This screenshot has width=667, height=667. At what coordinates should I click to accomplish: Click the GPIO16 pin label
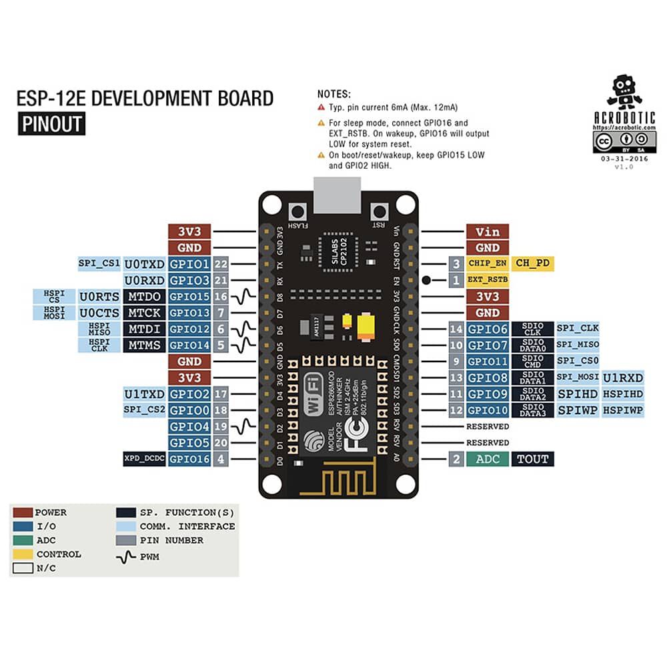(x=189, y=459)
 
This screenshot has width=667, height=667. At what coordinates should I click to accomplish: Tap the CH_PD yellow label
(x=533, y=263)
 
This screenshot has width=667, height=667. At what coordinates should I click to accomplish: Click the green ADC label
(x=488, y=459)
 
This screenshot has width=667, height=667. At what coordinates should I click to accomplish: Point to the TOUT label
(x=533, y=459)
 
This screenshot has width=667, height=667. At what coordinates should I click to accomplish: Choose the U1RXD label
(x=624, y=378)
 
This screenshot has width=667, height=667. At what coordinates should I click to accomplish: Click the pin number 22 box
(x=221, y=263)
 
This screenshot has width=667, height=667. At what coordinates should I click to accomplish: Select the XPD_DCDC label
(x=144, y=459)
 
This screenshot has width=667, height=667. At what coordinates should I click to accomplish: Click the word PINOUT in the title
(x=51, y=124)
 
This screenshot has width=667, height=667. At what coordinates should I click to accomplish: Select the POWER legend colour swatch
(x=23, y=512)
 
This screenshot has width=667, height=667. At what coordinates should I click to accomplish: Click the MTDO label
(x=144, y=296)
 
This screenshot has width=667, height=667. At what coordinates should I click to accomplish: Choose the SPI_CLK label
(x=578, y=329)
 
